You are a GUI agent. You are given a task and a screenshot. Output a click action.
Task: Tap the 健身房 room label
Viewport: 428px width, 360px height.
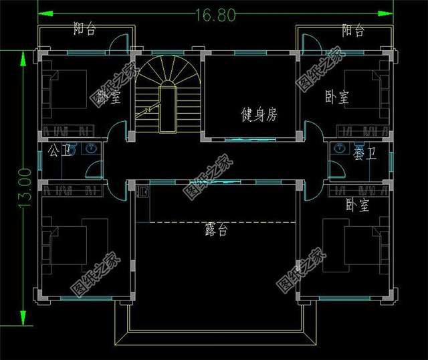tap(259, 115)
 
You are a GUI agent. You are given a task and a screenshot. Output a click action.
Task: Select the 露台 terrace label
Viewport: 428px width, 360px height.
tap(216, 230)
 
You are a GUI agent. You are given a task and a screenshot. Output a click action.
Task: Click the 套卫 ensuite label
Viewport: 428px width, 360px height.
tap(364, 154)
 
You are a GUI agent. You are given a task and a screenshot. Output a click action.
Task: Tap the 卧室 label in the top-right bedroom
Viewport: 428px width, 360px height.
tap(336, 98)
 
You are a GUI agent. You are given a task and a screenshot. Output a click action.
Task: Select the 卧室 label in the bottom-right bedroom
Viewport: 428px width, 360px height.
tap(358, 205)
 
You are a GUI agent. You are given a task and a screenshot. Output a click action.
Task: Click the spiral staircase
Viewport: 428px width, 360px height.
tap(167, 80)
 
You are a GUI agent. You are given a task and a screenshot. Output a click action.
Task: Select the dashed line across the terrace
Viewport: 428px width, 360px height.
tap(221, 221)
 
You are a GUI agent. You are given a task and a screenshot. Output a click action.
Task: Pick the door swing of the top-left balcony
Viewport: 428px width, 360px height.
tap(118, 41)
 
